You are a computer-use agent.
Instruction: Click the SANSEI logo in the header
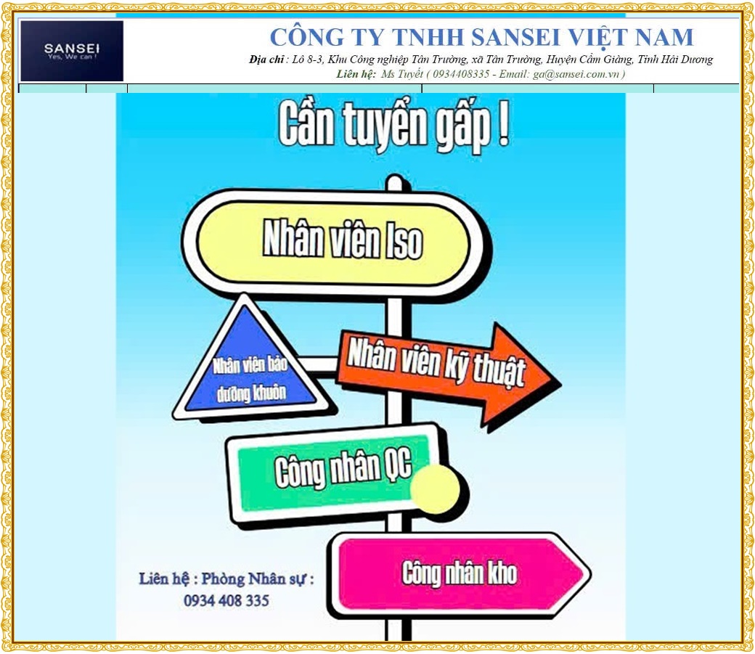coord(72,51)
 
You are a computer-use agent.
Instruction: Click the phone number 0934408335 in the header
coord(461,74)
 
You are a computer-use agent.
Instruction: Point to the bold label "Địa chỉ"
coord(266,60)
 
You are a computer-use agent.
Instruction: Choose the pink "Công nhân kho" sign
coord(460,573)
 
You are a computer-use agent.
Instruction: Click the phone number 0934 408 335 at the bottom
coord(226,600)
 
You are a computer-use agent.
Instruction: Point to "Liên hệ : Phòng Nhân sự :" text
coord(226,579)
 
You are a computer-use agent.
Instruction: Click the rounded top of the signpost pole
coord(395,182)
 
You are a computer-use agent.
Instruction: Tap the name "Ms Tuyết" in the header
coord(402,74)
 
